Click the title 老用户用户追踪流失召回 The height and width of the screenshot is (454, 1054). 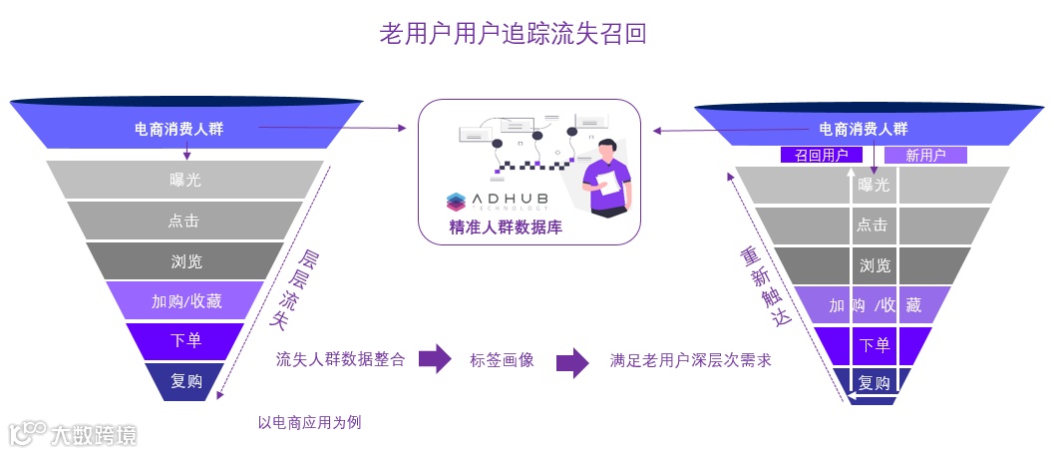click(514, 33)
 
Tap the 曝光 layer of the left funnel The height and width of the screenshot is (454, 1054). click(185, 180)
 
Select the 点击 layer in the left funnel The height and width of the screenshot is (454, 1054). click(185, 221)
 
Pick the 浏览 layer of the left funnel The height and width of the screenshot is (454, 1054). click(185, 261)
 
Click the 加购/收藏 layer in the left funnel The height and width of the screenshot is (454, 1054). click(185, 301)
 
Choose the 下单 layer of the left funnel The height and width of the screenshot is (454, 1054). click(185, 341)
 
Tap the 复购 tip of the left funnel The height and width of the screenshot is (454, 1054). click(186, 381)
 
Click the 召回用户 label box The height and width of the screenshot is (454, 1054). click(821, 156)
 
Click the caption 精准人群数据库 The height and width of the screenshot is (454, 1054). click(506, 227)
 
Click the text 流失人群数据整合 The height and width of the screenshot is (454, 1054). click(340, 360)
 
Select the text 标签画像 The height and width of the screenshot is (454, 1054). click(502, 360)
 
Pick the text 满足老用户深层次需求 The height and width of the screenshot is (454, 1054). click(690, 360)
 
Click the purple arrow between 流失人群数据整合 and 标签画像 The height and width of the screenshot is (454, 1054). click(435, 359)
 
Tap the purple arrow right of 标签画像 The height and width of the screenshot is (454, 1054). click(571, 361)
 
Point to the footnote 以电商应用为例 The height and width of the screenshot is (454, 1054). click(309, 422)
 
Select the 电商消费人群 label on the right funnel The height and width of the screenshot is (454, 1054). click(863, 129)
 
